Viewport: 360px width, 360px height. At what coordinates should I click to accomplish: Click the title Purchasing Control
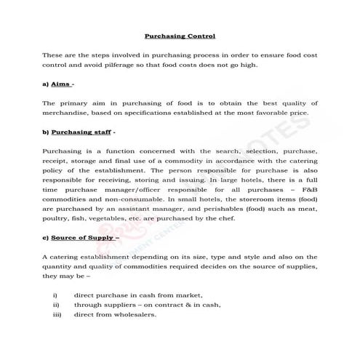click(180, 34)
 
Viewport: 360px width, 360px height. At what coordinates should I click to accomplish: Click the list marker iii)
click(57, 314)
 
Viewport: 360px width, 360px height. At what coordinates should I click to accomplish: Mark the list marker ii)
click(56, 305)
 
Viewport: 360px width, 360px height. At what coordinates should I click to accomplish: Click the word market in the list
click(187, 295)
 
